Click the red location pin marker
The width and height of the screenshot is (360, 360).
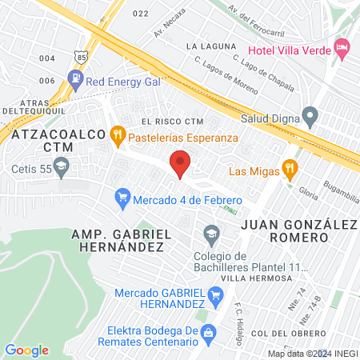pyautogui.click(x=181, y=164)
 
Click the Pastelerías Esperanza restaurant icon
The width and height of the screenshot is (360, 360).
pyautogui.click(x=118, y=136)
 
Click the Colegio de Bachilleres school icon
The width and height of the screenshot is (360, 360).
pyautogui.click(x=212, y=234)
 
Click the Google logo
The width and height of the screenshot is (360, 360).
pyautogui.click(x=26, y=350)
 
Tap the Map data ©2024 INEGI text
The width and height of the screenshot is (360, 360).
pyautogui.click(x=312, y=354)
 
